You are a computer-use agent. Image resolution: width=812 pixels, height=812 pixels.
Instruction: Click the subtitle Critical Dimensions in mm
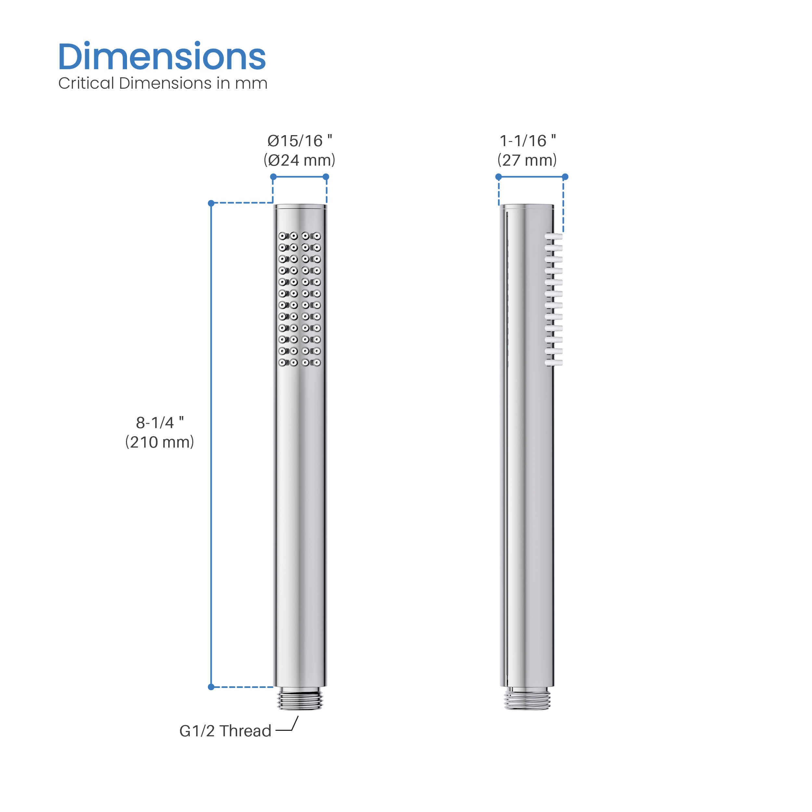(163, 83)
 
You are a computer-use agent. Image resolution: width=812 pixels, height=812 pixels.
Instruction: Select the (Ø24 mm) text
(299, 160)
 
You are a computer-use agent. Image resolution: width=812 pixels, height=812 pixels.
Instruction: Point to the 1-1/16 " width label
(527, 141)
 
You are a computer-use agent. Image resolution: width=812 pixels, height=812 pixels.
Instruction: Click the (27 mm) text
(527, 160)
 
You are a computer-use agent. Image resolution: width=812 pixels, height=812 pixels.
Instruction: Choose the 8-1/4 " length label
(160, 422)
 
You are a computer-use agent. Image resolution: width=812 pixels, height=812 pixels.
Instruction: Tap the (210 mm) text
(160, 442)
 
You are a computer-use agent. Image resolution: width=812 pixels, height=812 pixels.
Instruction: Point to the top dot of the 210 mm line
(211, 203)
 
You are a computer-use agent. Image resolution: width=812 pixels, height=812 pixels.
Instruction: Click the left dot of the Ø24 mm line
(273, 176)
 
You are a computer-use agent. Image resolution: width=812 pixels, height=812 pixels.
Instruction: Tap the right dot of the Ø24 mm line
(326, 176)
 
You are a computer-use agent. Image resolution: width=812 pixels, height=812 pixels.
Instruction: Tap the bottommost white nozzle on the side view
(554, 362)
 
